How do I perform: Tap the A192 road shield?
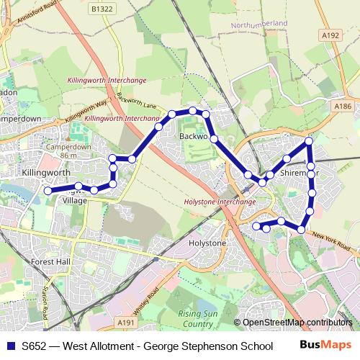(330, 34)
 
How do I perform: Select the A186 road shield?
(343, 106)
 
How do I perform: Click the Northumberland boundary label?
(258, 24)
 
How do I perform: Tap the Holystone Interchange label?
(220, 202)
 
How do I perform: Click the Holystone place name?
(207, 243)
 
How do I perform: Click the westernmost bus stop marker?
(48, 191)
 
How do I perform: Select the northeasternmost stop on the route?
(309, 141)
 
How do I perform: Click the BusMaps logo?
(330, 346)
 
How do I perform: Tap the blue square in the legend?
(10, 346)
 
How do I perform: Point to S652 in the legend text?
(35, 346)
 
